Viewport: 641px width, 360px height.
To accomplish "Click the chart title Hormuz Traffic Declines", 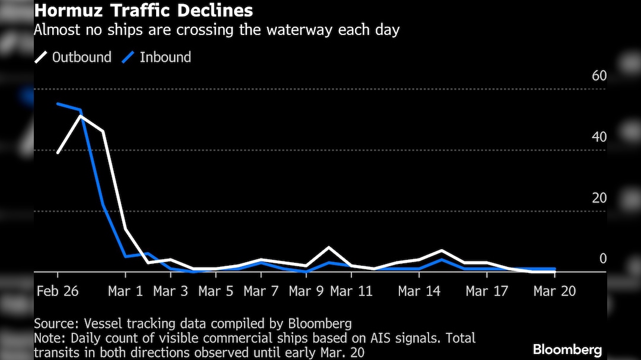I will coord(143,11).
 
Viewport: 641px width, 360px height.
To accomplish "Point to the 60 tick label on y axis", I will coord(599,77).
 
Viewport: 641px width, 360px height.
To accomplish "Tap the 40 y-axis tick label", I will coord(599,137).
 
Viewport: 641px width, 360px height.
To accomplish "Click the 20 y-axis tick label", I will coord(599,198).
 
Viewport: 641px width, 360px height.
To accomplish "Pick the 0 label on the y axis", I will coord(603,259).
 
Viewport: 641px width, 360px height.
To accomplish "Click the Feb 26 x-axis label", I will coord(58,291).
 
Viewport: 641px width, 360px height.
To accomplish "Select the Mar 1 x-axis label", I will coord(126,291).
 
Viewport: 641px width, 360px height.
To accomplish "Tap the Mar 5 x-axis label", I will coord(216,291).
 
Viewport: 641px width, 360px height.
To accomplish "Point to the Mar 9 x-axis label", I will coord(306,291).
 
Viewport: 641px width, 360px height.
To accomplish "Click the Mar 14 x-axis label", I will coord(419,291).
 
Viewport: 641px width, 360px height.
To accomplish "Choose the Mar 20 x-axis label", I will coord(554,291).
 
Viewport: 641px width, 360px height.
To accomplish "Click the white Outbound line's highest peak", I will coord(81,116).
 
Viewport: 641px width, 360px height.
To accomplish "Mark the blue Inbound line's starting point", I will coord(58,104).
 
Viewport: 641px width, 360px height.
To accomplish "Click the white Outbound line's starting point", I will coord(58,152).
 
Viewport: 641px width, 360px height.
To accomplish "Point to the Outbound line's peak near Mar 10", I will coord(329,247).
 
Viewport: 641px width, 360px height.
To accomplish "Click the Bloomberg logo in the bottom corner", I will coord(567,349).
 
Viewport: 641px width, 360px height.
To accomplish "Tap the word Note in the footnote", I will coord(48,338).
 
